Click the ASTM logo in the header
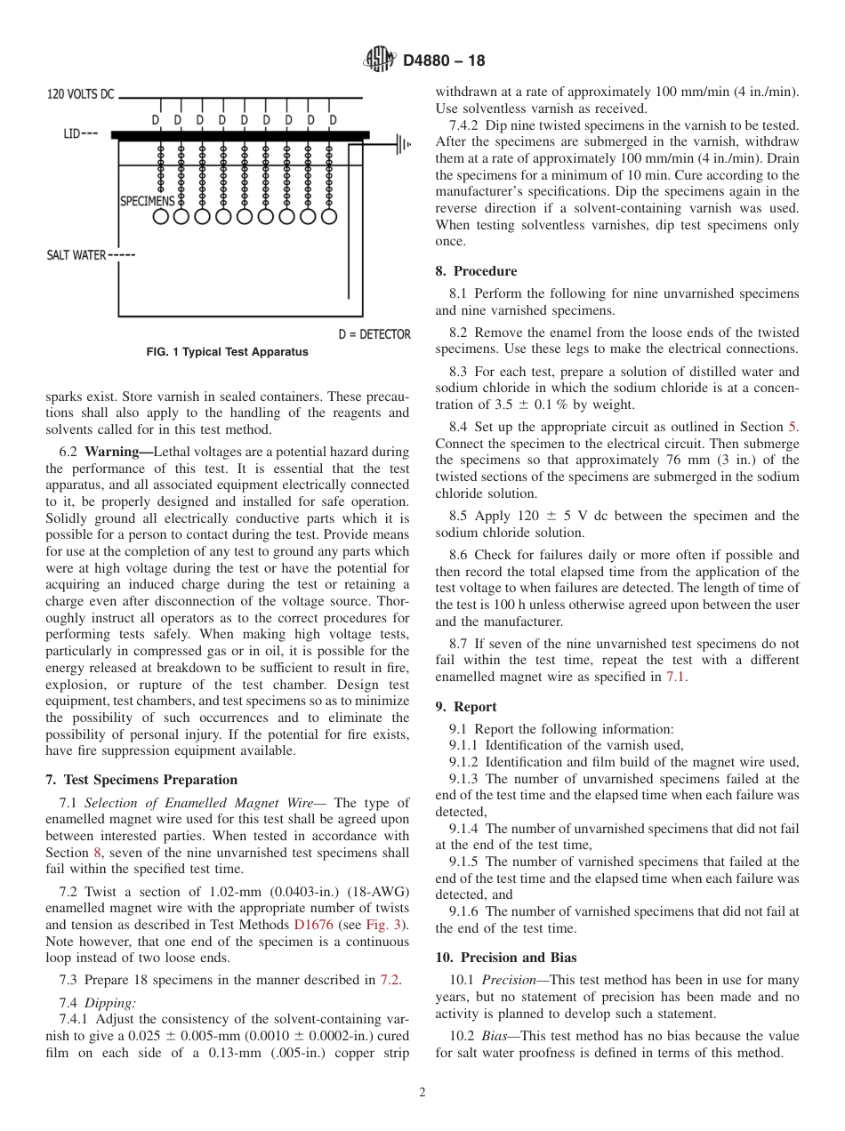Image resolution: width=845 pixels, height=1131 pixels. pyautogui.click(x=380, y=60)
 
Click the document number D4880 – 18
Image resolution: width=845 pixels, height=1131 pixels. pyautogui.click(x=444, y=61)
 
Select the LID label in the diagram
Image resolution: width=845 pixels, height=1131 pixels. pyautogui.click(x=73, y=134)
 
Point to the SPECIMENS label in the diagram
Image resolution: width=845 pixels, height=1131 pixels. pyautogui.click(x=147, y=202)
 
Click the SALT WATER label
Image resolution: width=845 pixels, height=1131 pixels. pyautogui.click(x=76, y=255)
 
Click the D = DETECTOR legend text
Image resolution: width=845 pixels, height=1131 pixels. pyautogui.click(x=374, y=334)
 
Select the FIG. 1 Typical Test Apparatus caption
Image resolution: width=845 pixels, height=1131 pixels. pyautogui.click(x=227, y=352)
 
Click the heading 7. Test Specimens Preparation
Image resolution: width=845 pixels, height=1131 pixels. pyautogui.click(x=141, y=780)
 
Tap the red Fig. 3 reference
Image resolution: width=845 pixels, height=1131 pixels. pyautogui.click(x=384, y=925)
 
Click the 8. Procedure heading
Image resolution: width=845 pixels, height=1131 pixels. pyautogui.click(x=476, y=271)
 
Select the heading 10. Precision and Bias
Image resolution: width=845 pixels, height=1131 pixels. pyautogui.click(x=505, y=958)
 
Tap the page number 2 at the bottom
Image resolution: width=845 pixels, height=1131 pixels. pyautogui.click(x=422, y=1093)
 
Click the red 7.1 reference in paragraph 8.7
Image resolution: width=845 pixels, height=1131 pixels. pyautogui.click(x=675, y=678)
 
